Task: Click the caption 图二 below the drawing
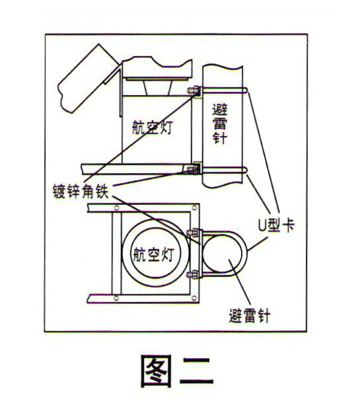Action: pyautogui.click(x=177, y=371)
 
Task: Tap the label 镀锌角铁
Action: pyautogui.click(x=81, y=191)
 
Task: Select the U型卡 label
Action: pyautogui.click(x=275, y=225)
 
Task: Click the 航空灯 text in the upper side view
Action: pyautogui.click(x=152, y=128)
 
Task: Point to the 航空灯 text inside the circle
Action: pyautogui.click(x=153, y=254)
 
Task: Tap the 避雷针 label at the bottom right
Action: pyautogui.click(x=250, y=315)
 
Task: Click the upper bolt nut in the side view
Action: pyautogui.click(x=194, y=91)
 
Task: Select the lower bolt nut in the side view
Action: pyautogui.click(x=192, y=169)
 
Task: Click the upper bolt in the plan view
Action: pyautogui.click(x=194, y=233)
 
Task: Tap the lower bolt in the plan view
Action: pyautogui.click(x=194, y=274)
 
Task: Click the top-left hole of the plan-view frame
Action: pyautogui.click(x=116, y=207)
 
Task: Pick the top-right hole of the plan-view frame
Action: pyautogui.click(x=194, y=207)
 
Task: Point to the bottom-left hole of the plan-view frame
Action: pyautogui.click(x=116, y=298)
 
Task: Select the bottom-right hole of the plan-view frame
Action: pyautogui.click(x=194, y=298)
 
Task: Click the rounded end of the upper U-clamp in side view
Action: pyautogui.click(x=246, y=91)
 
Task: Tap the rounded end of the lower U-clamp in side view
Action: pyautogui.click(x=246, y=170)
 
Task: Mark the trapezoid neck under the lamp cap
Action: pyautogui.click(x=158, y=88)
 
